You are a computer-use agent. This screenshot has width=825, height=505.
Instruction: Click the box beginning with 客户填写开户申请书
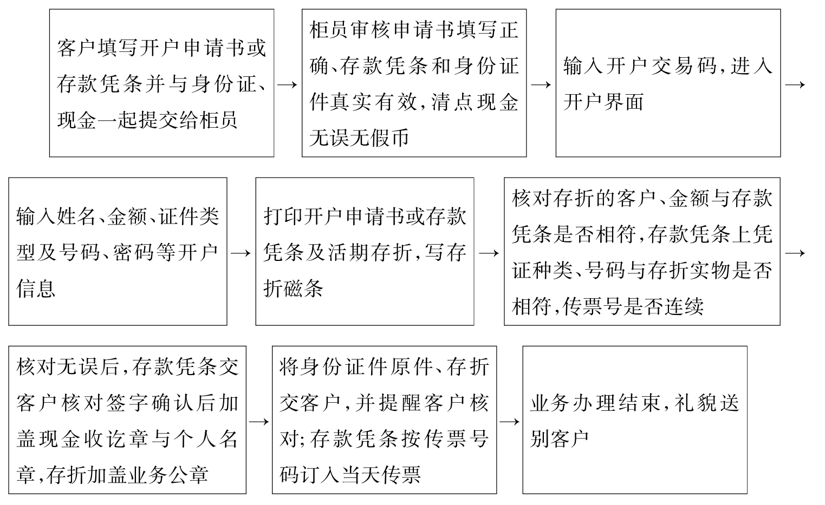(161, 83)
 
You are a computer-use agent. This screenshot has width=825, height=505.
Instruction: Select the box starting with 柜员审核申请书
(414, 83)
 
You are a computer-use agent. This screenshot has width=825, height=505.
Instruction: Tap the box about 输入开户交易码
(668, 83)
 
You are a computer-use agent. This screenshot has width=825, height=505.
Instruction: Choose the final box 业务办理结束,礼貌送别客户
(634, 420)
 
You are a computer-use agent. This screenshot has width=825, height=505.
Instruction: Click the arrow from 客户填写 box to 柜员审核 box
(288, 84)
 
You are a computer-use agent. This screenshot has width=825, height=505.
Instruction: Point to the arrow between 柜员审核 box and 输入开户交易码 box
(541, 84)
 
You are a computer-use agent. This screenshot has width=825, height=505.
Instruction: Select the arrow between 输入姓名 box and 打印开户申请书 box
(241, 253)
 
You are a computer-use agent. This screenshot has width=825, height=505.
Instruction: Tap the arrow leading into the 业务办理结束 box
(509, 421)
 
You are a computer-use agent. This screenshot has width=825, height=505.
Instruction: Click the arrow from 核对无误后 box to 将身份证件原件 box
(259, 421)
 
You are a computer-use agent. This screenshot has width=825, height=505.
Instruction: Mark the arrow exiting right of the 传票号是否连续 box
(795, 253)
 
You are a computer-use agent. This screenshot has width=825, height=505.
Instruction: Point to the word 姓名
(77, 217)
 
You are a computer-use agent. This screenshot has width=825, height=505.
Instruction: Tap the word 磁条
(303, 288)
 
